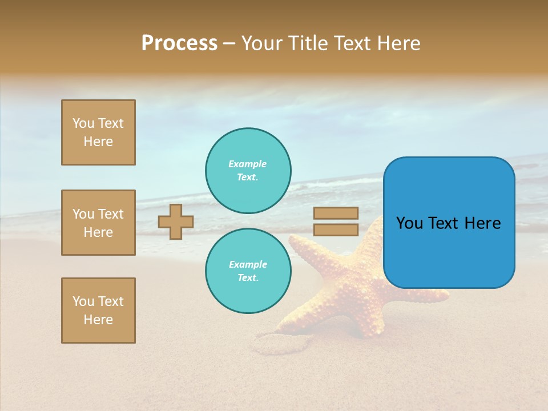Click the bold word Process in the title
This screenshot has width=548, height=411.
(x=179, y=43)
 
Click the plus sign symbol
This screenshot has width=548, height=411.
(x=176, y=221)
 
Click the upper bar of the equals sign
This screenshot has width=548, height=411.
(x=336, y=213)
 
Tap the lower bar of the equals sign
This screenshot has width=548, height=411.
(x=336, y=229)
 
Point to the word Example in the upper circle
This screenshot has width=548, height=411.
(x=248, y=164)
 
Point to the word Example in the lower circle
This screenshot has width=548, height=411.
(x=248, y=264)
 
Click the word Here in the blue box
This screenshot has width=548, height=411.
(x=482, y=223)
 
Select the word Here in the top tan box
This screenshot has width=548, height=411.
(x=98, y=142)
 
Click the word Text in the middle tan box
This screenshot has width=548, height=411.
(x=110, y=214)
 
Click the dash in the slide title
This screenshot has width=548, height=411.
(x=229, y=44)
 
